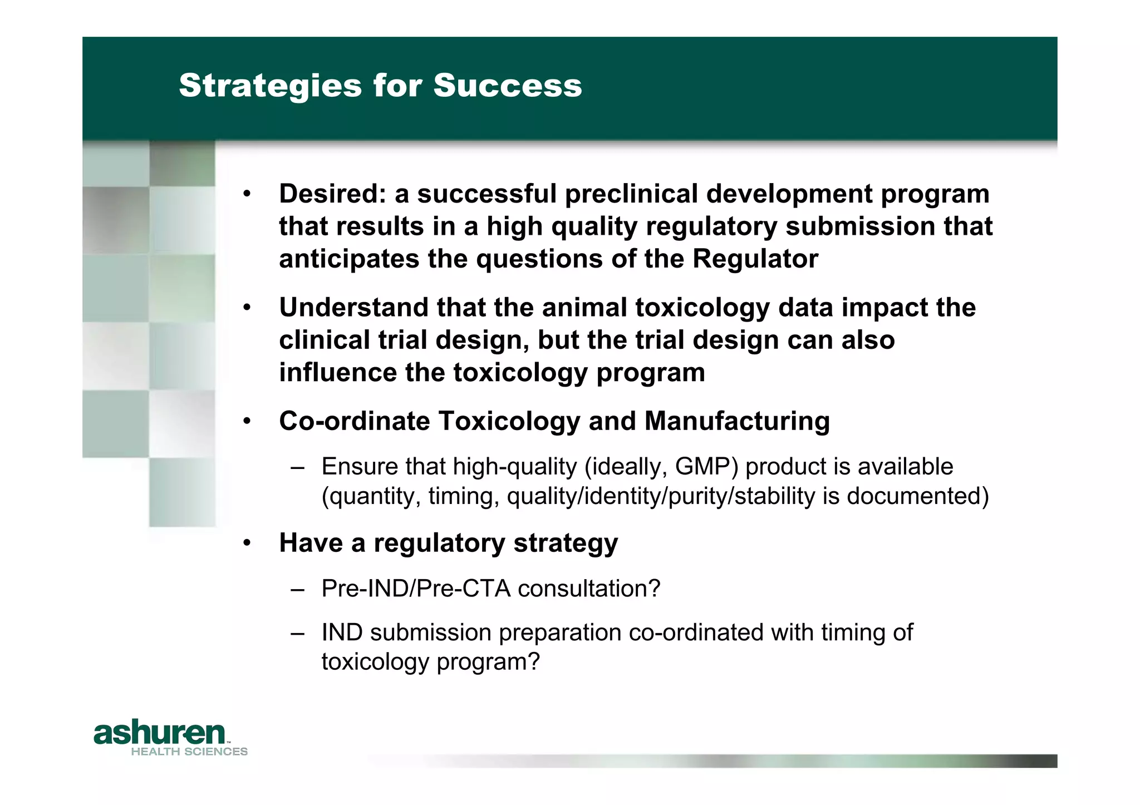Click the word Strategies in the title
coord(270,86)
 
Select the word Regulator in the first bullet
coord(755,259)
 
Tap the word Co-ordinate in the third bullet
coord(354,421)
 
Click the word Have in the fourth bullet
coord(311,543)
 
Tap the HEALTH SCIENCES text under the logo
coord(189,752)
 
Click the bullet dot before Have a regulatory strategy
coord(247,543)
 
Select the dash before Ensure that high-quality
coord(297,467)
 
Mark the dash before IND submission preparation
coord(297,633)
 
